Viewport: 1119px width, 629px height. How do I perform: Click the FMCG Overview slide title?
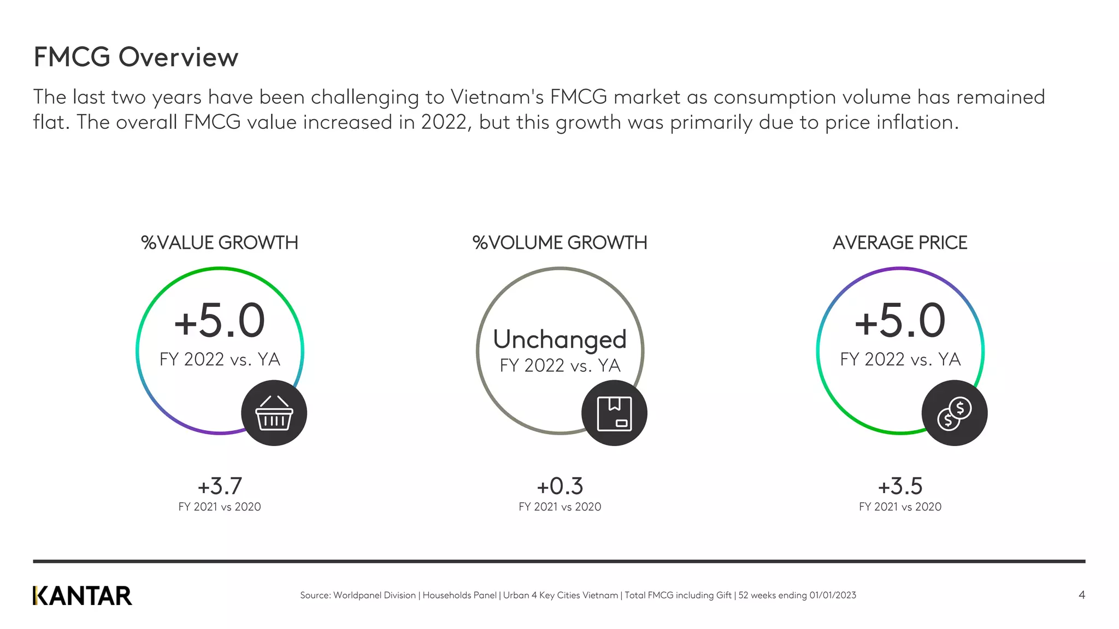point(136,57)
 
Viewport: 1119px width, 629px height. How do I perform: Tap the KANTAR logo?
point(83,596)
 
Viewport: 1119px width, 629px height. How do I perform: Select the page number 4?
point(1081,595)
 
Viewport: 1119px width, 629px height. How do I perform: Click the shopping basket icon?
point(274,413)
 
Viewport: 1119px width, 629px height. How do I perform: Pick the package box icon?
point(614,413)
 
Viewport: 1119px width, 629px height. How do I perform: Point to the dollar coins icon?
point(954,413)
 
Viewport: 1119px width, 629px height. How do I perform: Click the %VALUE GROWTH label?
point(220,242)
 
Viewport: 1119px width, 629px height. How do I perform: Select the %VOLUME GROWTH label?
point(559,242)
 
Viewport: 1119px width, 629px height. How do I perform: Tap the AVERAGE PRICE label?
point(900,242)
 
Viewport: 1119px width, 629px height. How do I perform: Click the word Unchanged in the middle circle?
point(559,339)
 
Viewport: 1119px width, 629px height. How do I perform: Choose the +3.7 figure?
point(220,486)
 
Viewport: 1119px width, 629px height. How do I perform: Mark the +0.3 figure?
point(559,486)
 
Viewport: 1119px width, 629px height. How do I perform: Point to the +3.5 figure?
point(900,486)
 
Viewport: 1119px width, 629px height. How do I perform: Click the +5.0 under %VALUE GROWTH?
point(220,321)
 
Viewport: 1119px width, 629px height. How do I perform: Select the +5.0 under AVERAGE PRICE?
point(900,321)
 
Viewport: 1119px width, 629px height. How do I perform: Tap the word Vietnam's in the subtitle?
point(497,97)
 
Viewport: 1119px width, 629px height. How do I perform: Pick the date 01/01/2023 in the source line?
point(833,595)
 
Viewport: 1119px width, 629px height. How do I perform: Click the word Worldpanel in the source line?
point(356,595)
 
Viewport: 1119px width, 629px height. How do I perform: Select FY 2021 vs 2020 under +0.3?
point(559,507)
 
